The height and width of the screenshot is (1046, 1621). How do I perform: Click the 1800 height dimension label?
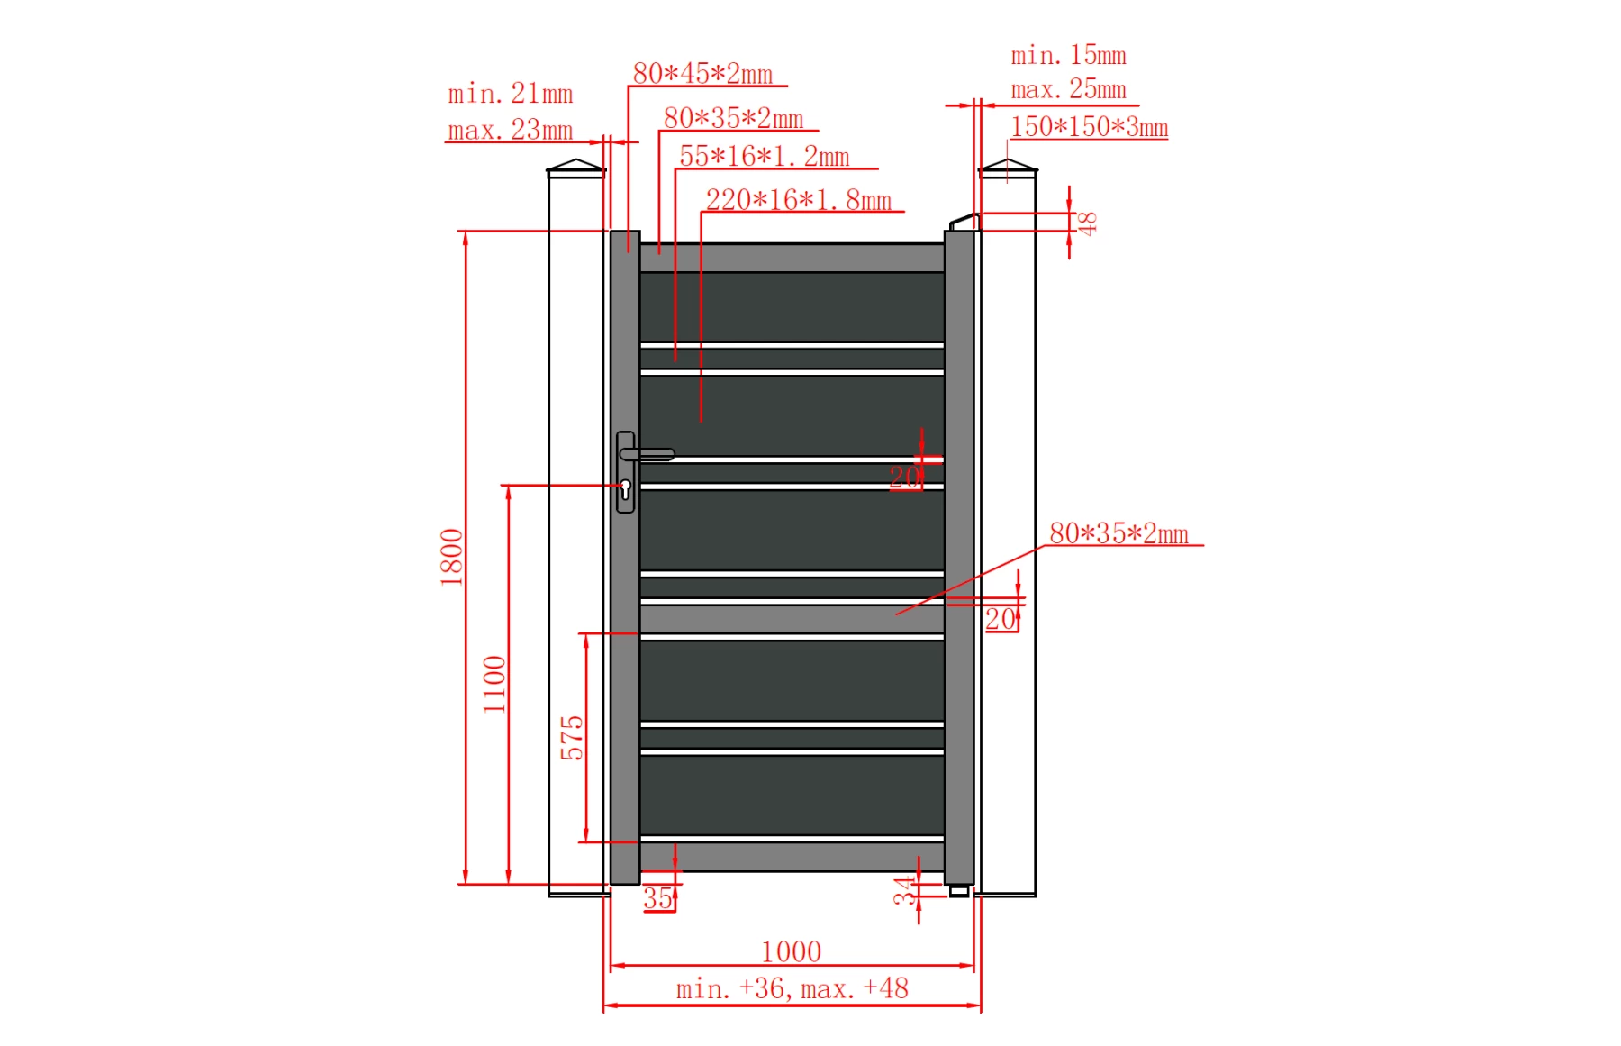[451, 557]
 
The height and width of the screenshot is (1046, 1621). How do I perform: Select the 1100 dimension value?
[494, 684]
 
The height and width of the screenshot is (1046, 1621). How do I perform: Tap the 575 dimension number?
[572, 737]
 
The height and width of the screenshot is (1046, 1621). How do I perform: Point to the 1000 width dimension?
[791, 951]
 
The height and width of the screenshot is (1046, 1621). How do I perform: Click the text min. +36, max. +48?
[792, 988]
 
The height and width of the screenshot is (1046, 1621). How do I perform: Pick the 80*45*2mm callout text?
[702, 73]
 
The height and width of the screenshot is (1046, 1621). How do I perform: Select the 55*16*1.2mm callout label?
[764, 156]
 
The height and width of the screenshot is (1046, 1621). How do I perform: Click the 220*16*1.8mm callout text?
[798, 199]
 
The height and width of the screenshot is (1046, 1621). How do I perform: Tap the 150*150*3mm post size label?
[1089, 126]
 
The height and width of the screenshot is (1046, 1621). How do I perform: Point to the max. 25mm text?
[1068, 89]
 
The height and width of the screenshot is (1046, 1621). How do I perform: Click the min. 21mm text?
[510, 93]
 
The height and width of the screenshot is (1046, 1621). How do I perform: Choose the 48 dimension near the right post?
[1087, 223]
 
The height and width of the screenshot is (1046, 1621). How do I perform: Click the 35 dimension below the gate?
[657, 897]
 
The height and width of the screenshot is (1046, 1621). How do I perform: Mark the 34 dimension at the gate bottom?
[903, 891]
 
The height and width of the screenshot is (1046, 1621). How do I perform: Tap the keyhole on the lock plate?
[625, 488]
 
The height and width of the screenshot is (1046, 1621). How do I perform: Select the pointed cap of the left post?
[576, 167]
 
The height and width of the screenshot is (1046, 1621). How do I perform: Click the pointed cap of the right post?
[1008, 167]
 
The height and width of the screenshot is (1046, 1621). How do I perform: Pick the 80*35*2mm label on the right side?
[1118, 532]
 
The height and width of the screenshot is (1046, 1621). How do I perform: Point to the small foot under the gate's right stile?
[959, 891]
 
